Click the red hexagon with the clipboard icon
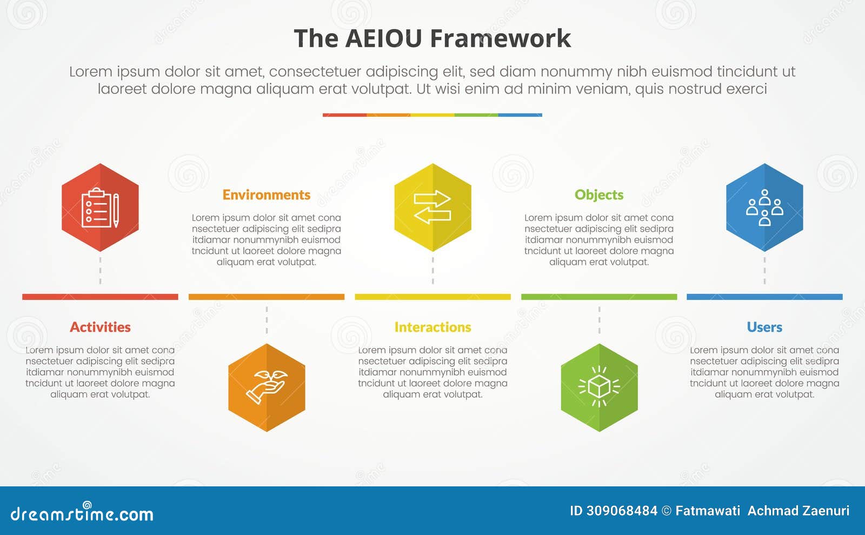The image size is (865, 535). coord(100,208)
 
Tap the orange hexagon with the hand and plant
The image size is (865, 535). coord(267,387)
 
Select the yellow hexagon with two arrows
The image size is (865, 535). coord(432,208)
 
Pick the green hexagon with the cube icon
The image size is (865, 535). coord(599,387)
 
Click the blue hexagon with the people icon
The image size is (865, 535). coord(764,208)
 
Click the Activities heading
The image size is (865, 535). coord(100,327)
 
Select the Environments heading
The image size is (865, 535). coord(267,195)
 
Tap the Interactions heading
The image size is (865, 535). coord(432,327)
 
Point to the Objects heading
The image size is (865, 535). coord(599,195)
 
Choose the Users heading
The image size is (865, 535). coord(764,327)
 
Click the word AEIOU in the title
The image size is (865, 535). coord(383,38)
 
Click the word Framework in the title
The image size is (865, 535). coord(500,38)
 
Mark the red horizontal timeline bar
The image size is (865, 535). coord(100,297)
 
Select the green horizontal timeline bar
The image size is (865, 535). coord(599,297)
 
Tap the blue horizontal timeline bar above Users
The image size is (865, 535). coord(764,297)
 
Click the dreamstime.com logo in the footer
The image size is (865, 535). coord(82,513)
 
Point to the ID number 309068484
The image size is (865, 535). coord(622,511)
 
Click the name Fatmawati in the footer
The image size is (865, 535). coord(708,511)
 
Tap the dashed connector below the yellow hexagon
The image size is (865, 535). coord(432,270)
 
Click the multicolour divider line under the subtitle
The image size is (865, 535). coord(432,115)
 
